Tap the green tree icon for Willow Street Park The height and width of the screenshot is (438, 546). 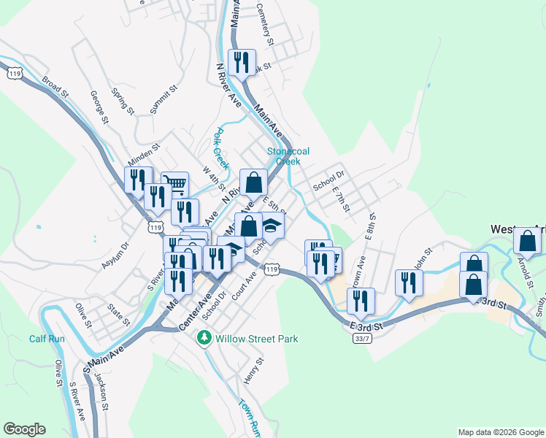[x=207, y=338]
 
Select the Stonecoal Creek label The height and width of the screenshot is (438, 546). [x=288, y=156]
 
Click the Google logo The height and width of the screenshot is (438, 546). [x=24, y=429]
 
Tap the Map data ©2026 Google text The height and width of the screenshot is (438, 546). [x=500, y=432]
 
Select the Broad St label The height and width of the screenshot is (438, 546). [x=55, y=88]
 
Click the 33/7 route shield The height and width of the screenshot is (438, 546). [x=361, y=339]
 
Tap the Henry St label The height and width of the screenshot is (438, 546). [x=253, y=373]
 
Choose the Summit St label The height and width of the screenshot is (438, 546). [x=164, y=99]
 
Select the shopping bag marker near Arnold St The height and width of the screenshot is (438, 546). [x=527, y=240]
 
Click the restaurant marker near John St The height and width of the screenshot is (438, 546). [x=409, y=283]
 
